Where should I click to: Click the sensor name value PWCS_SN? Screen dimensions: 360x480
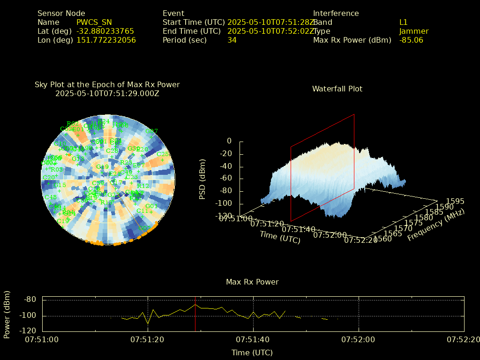coord(94,22)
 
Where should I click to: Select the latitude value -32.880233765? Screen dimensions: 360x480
coord(105,31)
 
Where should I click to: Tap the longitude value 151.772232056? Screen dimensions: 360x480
coord(106,40)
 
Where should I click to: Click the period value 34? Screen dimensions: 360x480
coord(232,40)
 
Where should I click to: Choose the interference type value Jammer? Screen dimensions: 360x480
coord(414,31)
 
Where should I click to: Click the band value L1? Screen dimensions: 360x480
coord(404,22)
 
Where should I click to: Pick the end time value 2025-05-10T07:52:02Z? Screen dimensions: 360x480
coord(271,31)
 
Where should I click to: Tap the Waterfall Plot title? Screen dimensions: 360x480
coord(337,89)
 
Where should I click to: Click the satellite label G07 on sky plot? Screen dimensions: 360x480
coord(151,131)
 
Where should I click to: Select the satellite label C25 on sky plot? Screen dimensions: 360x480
coord(163,154)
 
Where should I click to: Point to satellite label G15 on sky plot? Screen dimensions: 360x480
coord(60,185)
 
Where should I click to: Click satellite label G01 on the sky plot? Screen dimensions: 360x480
coord(151,206)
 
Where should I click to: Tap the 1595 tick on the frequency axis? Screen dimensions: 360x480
coord(455,201)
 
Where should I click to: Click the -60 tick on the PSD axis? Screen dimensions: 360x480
coord(226,178)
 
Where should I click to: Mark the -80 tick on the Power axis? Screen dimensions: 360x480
coord(30,300)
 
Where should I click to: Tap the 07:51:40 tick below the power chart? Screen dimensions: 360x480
coord(254,338)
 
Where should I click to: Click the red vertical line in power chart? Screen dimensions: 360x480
coord(195,314)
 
